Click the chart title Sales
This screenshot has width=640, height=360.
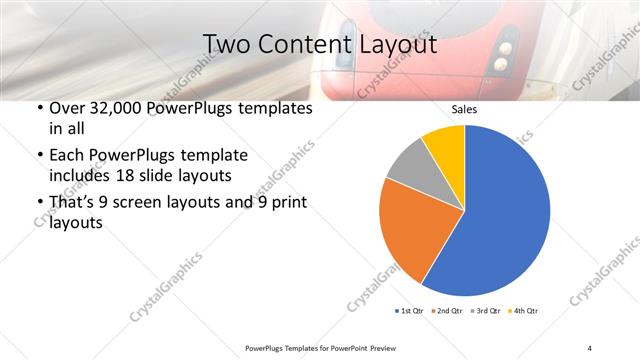[x=464, y=109]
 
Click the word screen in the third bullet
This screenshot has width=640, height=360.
[x=166, y=204]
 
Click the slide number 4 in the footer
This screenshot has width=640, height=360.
[x=589, y=348]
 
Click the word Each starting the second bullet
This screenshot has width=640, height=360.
[x=68, y=155]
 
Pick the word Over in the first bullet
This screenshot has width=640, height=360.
[x=69, y=108]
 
